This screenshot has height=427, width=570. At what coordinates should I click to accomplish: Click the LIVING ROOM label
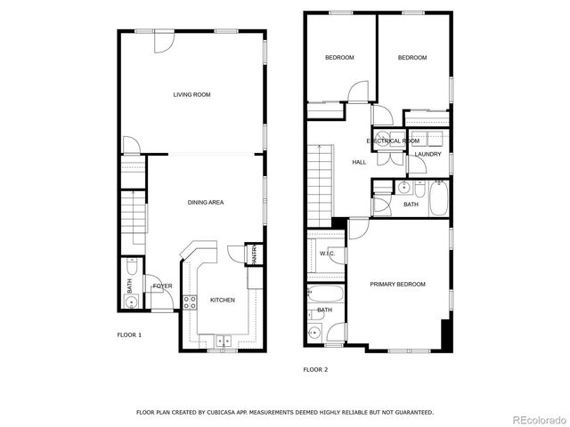(x=191, y=94)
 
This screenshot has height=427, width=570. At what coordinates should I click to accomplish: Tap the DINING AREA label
(x=206, y=203)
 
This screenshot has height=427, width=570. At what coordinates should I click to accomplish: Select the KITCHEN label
(x=222, y=301)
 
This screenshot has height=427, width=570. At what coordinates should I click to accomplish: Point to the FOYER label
(x=162, y=286)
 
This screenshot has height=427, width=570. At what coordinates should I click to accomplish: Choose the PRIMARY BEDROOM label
(x=397, y=285)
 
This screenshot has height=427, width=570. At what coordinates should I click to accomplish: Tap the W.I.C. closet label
(x=327, y=254)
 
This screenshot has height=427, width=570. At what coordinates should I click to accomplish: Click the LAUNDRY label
(x=427, y=155)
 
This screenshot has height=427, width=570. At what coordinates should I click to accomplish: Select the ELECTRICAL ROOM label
(x=393, y=141)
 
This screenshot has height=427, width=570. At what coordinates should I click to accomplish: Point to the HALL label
(x=359, y=163)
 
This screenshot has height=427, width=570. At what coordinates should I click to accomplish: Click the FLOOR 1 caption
(x=129, y=335)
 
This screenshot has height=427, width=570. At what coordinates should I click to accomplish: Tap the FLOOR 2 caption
(x=315, y=369)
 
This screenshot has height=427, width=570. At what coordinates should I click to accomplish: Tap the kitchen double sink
(x=222, y=339)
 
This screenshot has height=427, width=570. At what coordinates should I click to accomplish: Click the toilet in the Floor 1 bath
(x=131, y=268)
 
